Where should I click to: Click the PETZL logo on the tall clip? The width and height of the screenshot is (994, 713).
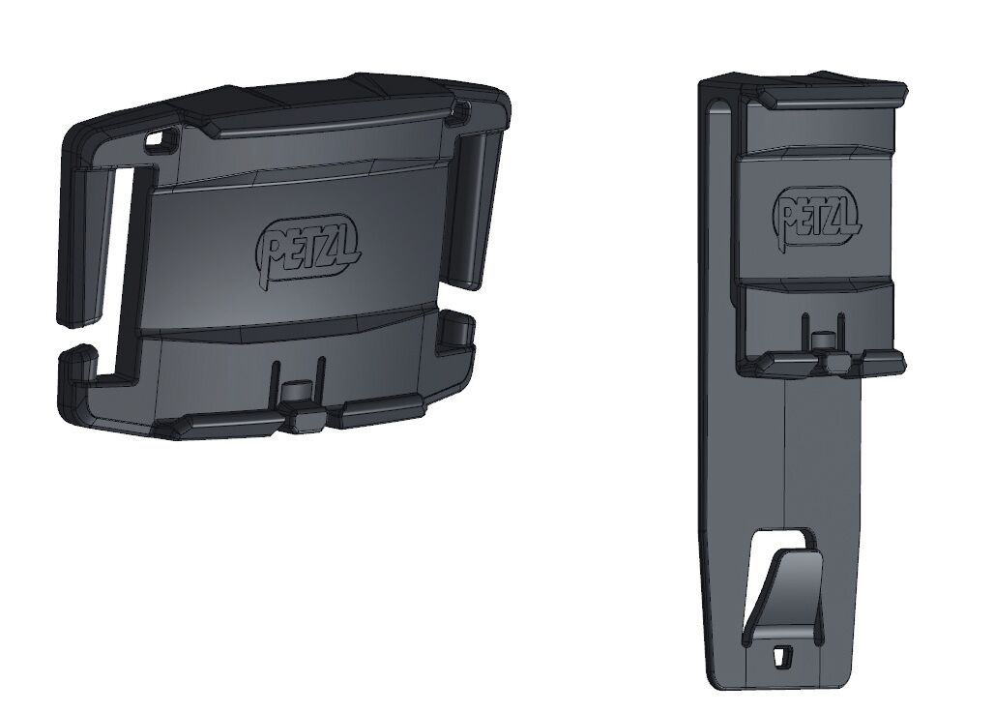point(817,215)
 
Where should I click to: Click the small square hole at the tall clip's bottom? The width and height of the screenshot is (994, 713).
point(782,656)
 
